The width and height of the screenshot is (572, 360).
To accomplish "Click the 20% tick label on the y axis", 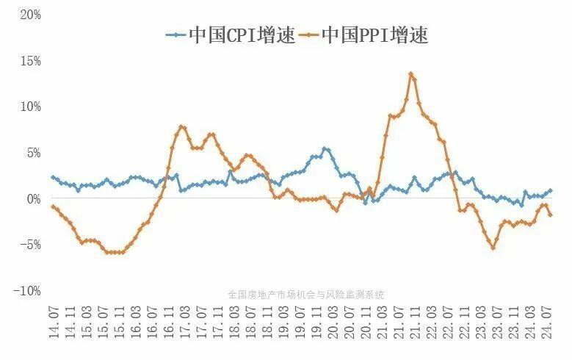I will [27, 15].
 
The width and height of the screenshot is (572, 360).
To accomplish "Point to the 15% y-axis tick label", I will [27, 61].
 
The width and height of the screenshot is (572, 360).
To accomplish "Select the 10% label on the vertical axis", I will [27, 107].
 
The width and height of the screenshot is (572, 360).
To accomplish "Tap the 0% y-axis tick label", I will [30, 199].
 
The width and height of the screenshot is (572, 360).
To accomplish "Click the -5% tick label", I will [27, 245].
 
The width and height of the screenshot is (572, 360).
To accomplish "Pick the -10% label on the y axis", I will [25, 292].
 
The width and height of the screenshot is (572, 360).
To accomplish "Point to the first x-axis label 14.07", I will [53, 325].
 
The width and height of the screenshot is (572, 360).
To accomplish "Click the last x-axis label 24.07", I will [547, 325].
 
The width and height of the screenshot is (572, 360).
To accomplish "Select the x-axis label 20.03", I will [335, 325].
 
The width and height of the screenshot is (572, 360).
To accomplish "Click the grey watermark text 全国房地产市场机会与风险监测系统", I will [306, 294].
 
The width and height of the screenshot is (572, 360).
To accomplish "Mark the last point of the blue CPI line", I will [551, 191].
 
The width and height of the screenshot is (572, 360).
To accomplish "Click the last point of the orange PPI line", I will [551, 215].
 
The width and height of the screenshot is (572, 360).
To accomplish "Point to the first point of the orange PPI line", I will [53, 206].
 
